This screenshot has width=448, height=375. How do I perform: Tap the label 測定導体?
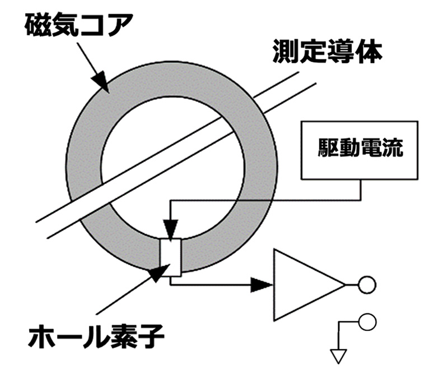(x=328, y=52)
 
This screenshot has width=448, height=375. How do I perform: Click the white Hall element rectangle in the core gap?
(x=170, y=257)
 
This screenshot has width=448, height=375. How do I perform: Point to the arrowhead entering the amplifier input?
(x=264, y=285)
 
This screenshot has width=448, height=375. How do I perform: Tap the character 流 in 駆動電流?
(x=392, y=150)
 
